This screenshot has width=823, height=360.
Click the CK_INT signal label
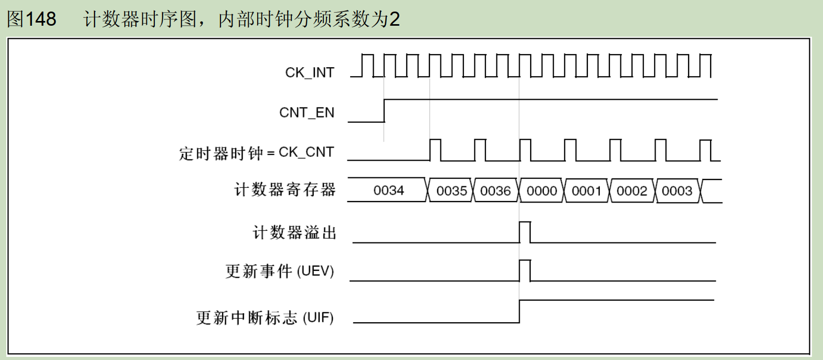coord(310,73)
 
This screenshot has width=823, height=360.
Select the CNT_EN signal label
coord(307,112)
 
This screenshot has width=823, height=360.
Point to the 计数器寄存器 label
coord(284,190)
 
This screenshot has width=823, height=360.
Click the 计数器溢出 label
coord(294,232)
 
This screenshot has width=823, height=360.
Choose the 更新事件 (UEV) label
coord(280,271)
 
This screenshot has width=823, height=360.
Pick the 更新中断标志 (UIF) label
coord(265,318)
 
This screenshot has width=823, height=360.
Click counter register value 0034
coord(389,190)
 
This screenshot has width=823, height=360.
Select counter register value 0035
coord(451,191)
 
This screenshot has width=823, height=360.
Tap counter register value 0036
coord(495,191)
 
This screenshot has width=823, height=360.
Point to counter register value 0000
coord(542,191)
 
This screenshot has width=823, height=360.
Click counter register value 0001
coord(586,191)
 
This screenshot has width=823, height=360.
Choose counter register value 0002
coord(631,191)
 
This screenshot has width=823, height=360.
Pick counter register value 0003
coord(677,191)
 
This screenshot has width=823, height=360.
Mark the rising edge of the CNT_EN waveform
coord(384,110)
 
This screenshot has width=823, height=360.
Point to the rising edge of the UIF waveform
coord(520,312)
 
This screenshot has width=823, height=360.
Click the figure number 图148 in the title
coord(31,19)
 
